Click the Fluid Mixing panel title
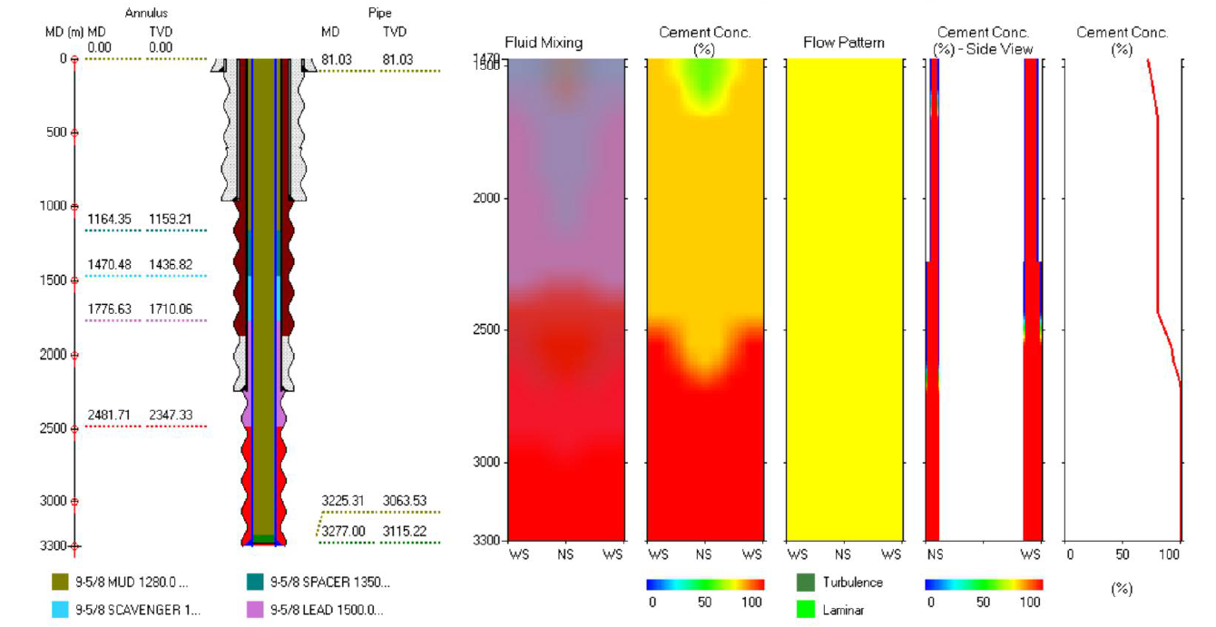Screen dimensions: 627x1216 (544, 43)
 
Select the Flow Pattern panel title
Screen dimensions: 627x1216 (843, 43)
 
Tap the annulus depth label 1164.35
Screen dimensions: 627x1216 (109, 220)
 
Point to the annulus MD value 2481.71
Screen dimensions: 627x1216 (109, 416)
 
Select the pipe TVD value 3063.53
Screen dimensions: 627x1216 (405, 501)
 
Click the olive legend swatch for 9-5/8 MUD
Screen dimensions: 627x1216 (60, 583)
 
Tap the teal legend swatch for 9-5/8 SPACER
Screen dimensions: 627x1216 (255, 583)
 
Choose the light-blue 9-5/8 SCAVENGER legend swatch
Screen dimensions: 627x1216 (60, 610)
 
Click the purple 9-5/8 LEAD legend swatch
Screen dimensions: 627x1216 (255, 610)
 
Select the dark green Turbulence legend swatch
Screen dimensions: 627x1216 (805, 583)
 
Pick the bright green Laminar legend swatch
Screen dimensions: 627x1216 (805, 610)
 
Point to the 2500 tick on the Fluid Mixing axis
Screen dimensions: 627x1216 (487, 329)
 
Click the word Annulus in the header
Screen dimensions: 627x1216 (146, 14)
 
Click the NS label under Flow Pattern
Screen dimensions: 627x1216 (843, 554)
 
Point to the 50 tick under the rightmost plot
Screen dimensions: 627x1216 (1122, 554)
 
